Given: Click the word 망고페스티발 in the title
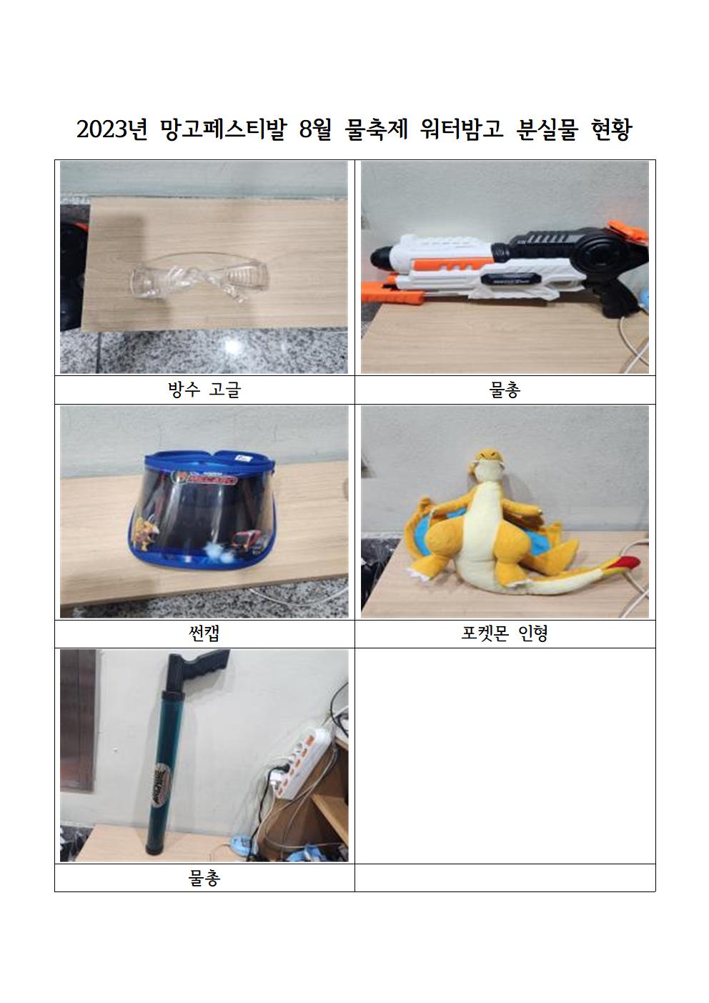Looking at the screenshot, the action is click(x=222, y=130).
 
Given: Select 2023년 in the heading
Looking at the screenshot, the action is click(x=111, y=130).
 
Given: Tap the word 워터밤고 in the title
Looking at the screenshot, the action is click(x=462, y=130).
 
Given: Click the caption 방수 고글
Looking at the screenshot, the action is click(x=204, y=390).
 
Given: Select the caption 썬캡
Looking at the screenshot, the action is click(x=204, y=633).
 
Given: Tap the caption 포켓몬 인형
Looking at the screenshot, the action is click(x=505, y=633).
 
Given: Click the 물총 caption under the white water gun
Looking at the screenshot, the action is click(x=505, y=390).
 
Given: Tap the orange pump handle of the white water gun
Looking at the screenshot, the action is click(x=394, y=292).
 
